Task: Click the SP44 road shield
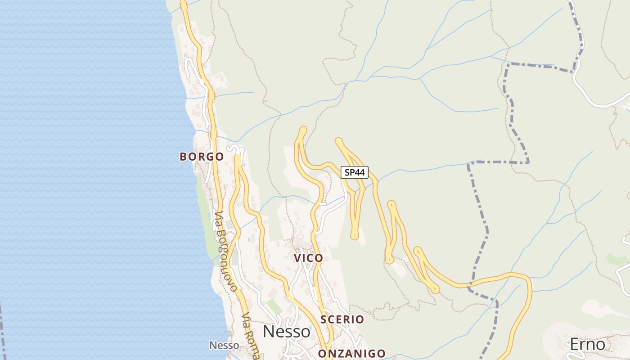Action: tap(355, 172)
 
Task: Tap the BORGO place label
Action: tap(202, 157)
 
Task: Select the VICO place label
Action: tap(308, 258)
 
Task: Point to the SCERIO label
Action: tap(342, 319)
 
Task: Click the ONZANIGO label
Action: tap(352, 354)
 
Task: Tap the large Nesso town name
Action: tap(287, 332)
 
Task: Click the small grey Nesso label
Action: tap(224, 346)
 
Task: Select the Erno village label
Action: tap(587, 345)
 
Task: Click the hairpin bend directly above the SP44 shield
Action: tap(338, 141)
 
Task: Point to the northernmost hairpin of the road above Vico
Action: tap(303, 130)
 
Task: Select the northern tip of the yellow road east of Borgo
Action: tap(238, 157)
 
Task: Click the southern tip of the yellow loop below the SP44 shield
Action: tap(355, 235)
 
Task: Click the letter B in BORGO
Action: tap(183, 157)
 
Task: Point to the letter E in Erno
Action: tap(575, 345)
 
